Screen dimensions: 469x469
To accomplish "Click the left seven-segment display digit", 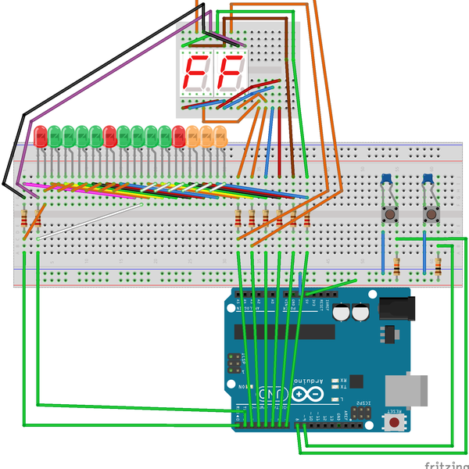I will click(197, 74).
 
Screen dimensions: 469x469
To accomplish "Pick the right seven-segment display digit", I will click(231, 74).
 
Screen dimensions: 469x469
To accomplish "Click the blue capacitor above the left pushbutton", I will click(387, 181).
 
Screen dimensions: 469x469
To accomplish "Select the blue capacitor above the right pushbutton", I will click(429, 181).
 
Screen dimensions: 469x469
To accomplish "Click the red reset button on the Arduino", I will click(396, 422).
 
